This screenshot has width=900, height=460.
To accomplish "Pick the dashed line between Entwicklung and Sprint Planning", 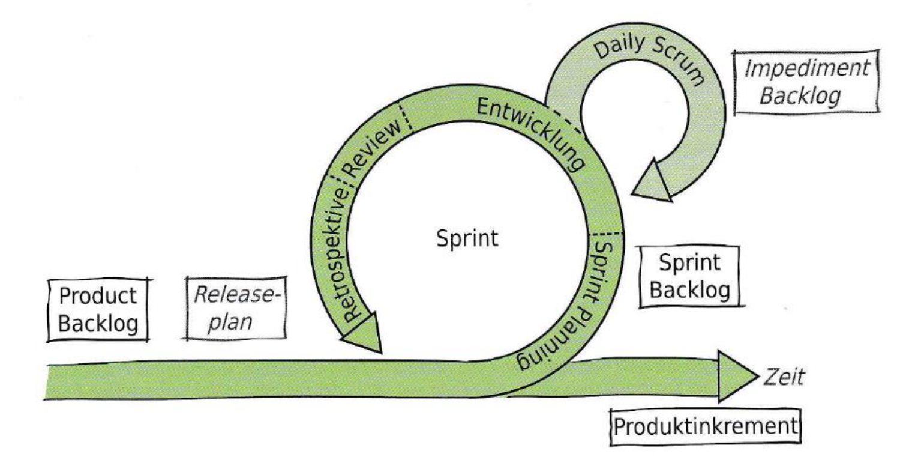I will pyautogui.click(x=606, y=231).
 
